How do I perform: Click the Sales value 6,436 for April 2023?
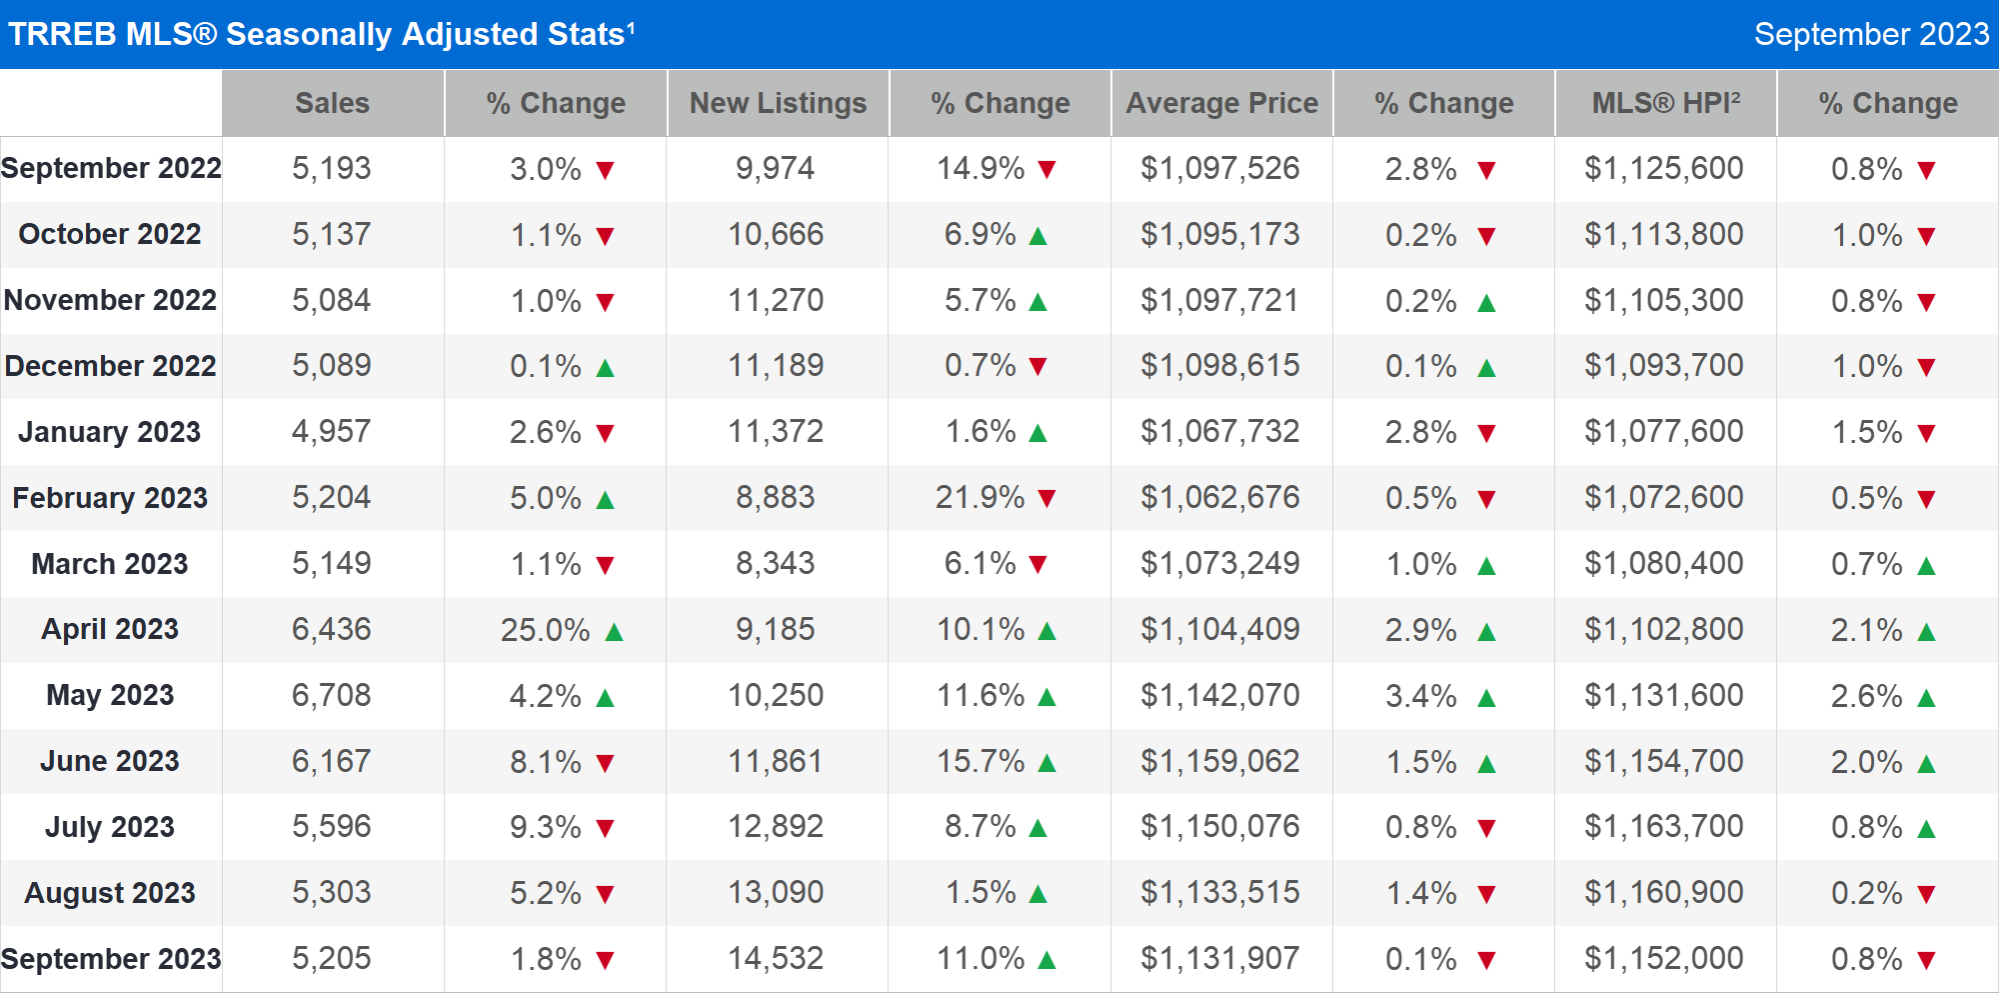(331, 630)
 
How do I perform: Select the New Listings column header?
(778, 103)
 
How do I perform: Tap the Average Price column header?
(1221, 103)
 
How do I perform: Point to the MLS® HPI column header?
(1665, 103)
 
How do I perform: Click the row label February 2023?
(110, 498)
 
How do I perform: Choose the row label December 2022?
(110, 366)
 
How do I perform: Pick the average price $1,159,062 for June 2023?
(1219, 762)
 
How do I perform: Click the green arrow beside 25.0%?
(614, 632)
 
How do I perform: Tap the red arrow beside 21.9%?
(1046, 499)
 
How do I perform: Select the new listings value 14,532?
(776, 959)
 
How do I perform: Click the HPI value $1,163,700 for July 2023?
(1663, 827)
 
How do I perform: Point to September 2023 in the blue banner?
(1871, 34)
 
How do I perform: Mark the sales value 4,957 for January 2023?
(331, 432)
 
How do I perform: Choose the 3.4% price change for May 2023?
(1420, 696)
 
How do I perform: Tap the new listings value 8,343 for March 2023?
(776, 564)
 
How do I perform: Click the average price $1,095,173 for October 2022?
(1219, 235)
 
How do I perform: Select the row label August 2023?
(110, 893)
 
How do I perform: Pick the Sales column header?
(332, 103)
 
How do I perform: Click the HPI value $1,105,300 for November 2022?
(1663, 301)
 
